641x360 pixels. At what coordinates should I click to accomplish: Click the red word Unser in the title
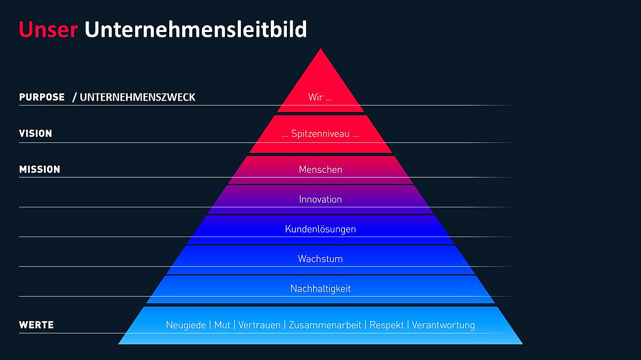pyautogui.click(x=49, y=29)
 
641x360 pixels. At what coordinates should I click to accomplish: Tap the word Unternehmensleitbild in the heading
pyautogui.click(x=196, y=29)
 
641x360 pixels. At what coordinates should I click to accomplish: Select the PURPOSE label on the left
pyautogui.click(x=42, y=97)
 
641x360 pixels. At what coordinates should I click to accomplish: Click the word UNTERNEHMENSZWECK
pyautogui.click(x=137, y=97)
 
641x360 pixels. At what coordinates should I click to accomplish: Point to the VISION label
pyautogui.click(x=35, y=134)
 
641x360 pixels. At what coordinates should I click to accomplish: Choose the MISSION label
pyautogui.click(x=40, y=169)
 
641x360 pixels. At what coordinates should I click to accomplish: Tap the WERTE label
pyautogui.click(x=36, y=325)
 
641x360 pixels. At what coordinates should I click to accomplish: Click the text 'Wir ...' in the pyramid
pyautogui.click(x=320, y=97)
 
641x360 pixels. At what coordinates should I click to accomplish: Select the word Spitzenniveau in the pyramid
pyautogui.click(x=320, y=134)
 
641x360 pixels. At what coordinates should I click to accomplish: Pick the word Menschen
pyautogui.click(x=320, y=169)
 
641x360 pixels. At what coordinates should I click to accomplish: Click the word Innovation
pyautogui.click(x=320, y=199)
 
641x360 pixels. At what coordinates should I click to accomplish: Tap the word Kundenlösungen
pyautogui.click(x=320, y=229)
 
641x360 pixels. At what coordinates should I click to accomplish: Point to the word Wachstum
pyautogui.click(x=320, y=259)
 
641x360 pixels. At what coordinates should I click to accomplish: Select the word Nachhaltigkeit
pyautogui.click(x=320, y=288)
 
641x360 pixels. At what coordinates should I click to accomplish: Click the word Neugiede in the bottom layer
pyautogui.click(x=186, y=325)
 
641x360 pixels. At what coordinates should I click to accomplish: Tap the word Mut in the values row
pyautogui.click(x=222, y=325)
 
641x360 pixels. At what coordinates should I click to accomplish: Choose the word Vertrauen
pyautogui.click(x=259, y=325)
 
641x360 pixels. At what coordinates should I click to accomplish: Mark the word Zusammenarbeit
pyautogui.click(x=325, y=325)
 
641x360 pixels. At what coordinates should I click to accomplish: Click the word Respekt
pyautogui.click(x=387, y=325)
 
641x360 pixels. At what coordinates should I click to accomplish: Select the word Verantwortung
pyautogui.click(x=443, y=325)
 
